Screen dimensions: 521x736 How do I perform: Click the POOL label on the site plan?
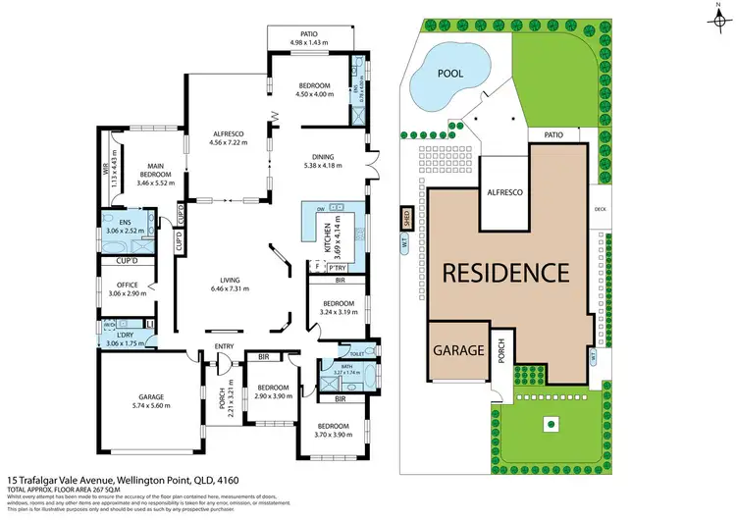coord(449,74)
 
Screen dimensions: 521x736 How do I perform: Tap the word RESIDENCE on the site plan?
coord(503,273)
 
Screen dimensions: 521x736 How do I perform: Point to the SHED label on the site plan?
coord(404,217)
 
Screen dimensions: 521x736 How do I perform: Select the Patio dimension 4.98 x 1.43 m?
coord(311,43)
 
